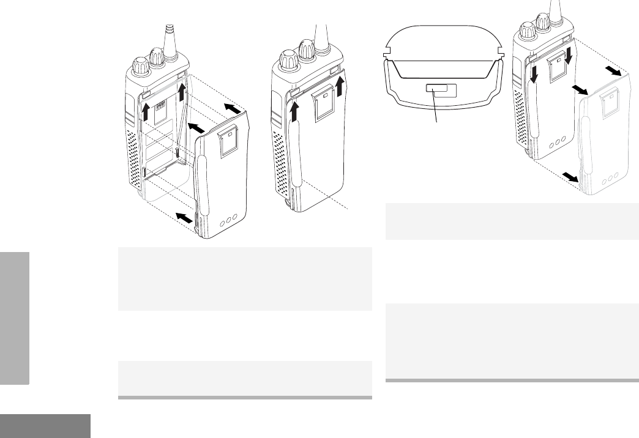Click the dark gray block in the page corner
pyautogui.click(x=45, y=426)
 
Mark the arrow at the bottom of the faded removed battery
pyautogui.click(x=570, y=177)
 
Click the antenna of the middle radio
pyautogui.click(x=318, y=37)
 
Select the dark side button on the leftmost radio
pyautogui.click(x=127, y=108)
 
